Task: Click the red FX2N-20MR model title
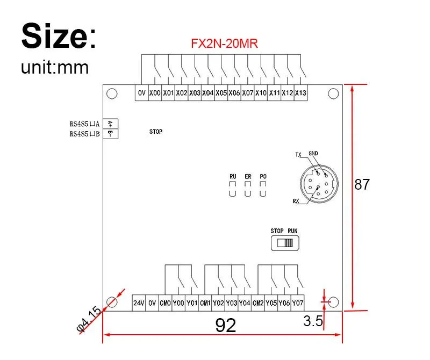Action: click(224, 44)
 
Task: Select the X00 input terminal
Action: click(155, 93)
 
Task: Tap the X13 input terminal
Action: click(300, 93)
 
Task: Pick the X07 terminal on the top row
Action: click(248, 93)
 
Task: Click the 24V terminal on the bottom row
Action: click(139, 303)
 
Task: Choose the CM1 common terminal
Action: click(205, 303)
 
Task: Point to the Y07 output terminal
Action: click(298, 303)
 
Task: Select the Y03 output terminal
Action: click(232, 303)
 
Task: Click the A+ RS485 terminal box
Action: click(111, 124)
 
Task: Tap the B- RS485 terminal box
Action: click(111, 134)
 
